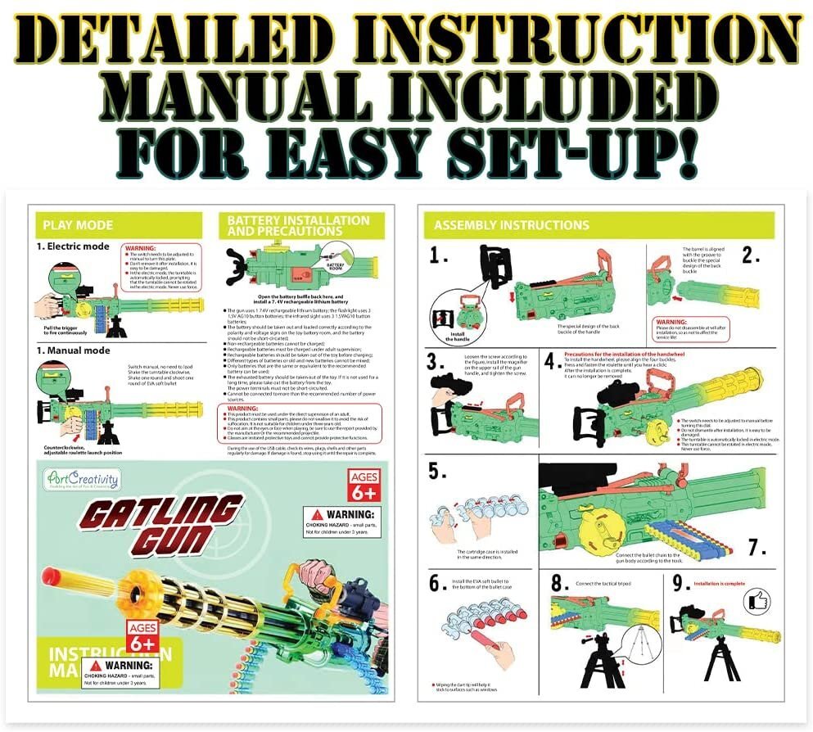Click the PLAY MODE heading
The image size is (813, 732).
pyautogui.click(x=78, y=225)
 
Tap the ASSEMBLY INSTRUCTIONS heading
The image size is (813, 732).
pyautogui.click(x=511, y=225)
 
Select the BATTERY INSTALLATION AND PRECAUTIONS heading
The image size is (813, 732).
pyautogui.click(x=298, y=226)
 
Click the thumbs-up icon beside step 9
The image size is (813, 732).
pyautogui.click(x=757, y=602)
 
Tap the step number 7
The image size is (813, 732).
pyautogui.click(x=757, y=546)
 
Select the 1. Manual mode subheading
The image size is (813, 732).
pyautogui.click(x=75, y=350)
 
